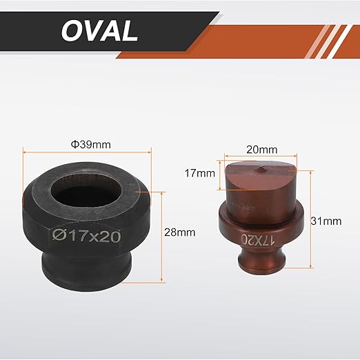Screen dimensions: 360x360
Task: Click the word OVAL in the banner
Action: (x=99, y=30)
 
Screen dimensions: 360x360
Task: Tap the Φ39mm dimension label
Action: (x=91, y=145)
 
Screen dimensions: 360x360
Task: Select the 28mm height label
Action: (x=179, y=232)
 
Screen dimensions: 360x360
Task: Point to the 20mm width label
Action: (x=262, y=150)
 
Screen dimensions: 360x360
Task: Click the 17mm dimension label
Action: (x=200, y=173)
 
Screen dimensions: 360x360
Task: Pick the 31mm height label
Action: (x=326, y=221)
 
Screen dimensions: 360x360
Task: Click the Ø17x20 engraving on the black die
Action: (x=86, y=236)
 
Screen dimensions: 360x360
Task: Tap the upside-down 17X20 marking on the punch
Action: (x=258, y=240)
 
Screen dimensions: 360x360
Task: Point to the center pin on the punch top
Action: (x=260, y=169)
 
